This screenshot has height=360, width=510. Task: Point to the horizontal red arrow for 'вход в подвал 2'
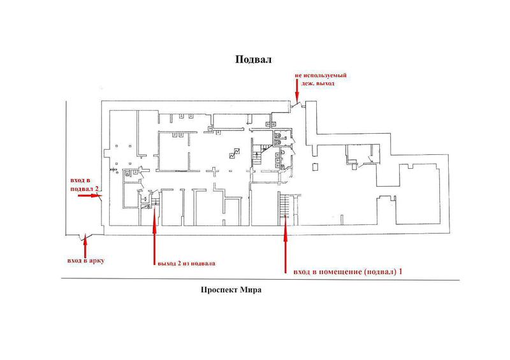pyautogui.click(x=89, y=196)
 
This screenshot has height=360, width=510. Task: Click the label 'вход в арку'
pyautogui.click(x=84, y=260)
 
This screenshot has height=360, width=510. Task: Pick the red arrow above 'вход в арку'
pyautogui.click(x=85, y=245)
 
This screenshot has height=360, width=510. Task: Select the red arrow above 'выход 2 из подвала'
pyautogui.click(x=153, y=238)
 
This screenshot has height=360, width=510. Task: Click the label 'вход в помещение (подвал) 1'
pyautogui.click(x=347, y=271)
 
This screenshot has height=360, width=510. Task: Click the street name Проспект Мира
pyautogui.click(x=231, y=290)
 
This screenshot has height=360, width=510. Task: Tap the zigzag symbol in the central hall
pyautogui.click(x=235, y=153)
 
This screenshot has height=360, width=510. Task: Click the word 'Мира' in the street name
pyautogui.click(x=251, y=290)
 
